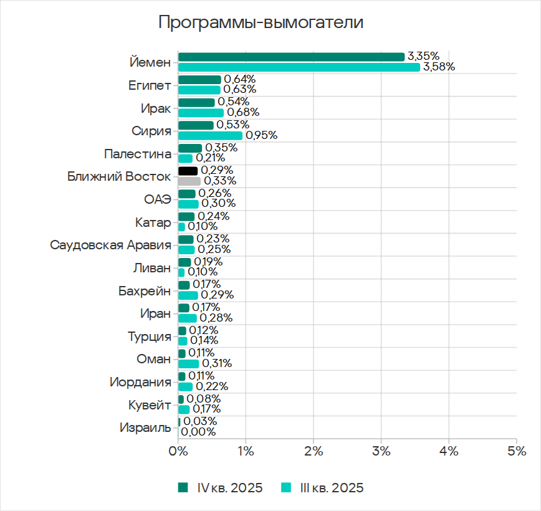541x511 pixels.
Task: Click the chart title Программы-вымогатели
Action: pos(261,23)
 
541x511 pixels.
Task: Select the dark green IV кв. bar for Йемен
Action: pos(291,57)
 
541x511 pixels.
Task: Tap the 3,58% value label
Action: pos(439,67)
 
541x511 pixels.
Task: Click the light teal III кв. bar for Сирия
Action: pos(210,135)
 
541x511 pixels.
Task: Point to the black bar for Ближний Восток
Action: pos(188,171)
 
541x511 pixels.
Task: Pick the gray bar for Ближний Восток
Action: pos(189,181)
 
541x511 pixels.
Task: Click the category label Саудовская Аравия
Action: pos(110,244)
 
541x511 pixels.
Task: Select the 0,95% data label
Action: pos(261,135)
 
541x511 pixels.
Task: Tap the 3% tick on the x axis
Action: pos(381,451)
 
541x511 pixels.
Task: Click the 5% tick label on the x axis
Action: pos(517,451)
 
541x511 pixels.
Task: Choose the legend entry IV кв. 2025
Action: pos(222,487)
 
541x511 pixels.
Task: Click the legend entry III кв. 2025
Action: pos(323,487)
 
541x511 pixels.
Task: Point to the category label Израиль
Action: pos(145,428)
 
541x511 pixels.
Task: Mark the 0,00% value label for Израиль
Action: pos(198,432)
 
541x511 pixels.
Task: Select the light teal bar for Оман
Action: pos(188,363)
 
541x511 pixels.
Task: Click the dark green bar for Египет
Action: pos(199,79)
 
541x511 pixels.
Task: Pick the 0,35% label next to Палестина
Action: pos(221,148)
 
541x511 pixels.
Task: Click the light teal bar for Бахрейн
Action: pos(188,295)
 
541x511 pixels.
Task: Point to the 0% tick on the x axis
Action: pos(178,451)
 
